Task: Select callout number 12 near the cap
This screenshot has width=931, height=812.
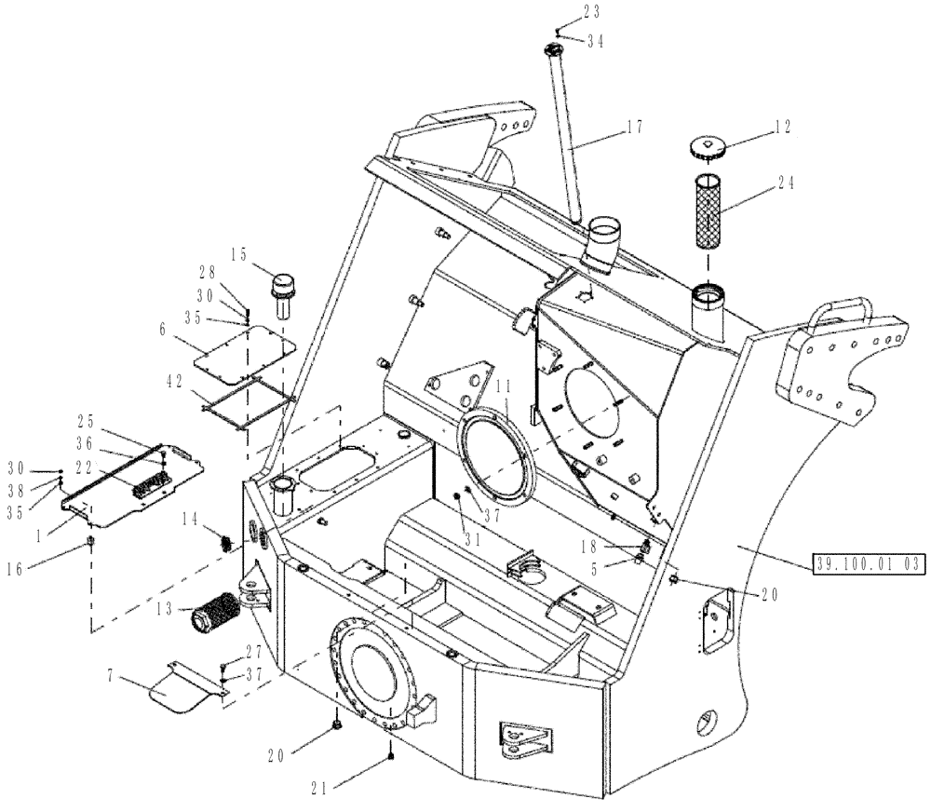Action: pyautogui.click(x=781, y=129)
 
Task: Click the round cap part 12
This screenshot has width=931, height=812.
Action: pyautogui.click(x=711, y=147)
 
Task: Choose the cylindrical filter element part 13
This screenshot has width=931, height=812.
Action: pyautogui.click(x=218, y=617)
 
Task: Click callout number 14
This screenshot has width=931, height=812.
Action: pyautogui.click(x=189, y=517)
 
